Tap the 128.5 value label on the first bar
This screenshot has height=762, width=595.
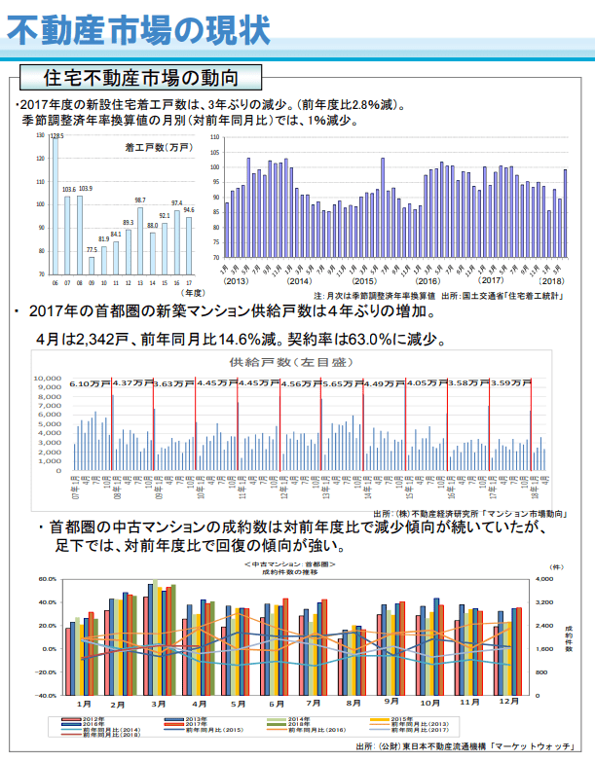(57, 137)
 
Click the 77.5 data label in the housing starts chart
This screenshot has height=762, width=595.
(92, 250)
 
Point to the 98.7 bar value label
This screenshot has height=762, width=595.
(140, 200)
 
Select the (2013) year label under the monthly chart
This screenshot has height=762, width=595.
(237, 281)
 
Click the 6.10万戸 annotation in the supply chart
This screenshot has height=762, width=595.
(91, 383)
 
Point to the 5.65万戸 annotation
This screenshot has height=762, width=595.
(343, 383)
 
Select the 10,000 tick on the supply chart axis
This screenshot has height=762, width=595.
(48, 379)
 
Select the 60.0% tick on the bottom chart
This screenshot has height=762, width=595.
(49, 579)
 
